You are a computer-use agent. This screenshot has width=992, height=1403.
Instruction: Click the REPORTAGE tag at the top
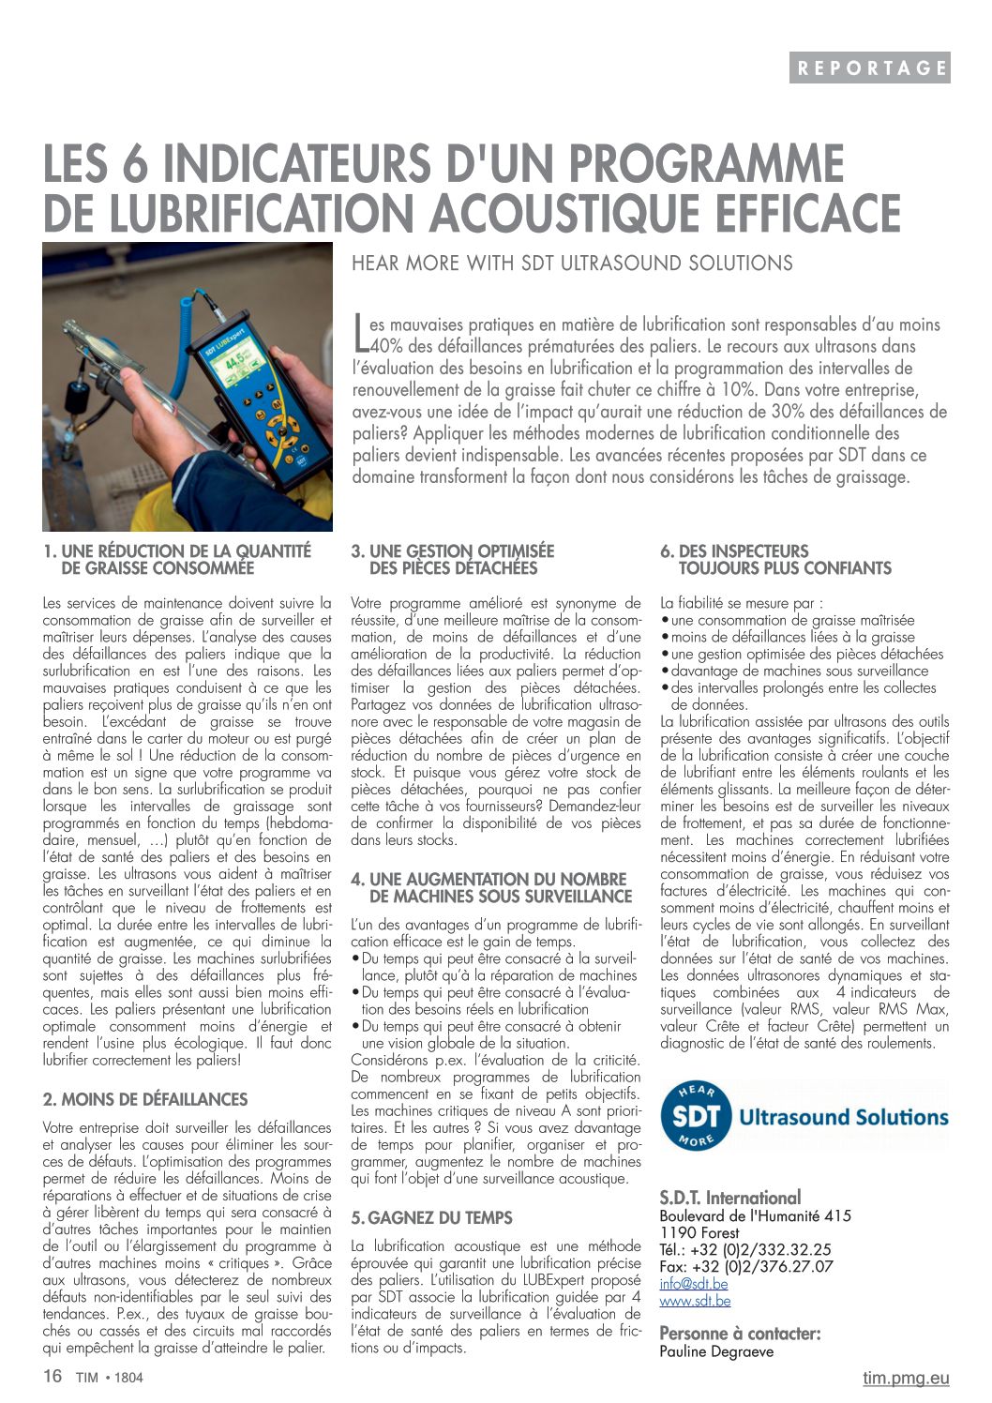click(869, 68)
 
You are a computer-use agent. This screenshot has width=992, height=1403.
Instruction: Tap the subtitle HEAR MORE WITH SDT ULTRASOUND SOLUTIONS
click(572, 264)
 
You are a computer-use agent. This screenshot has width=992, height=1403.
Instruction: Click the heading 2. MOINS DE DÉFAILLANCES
click(145, 1099)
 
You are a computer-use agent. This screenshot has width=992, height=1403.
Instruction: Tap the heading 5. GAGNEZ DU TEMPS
click(432, 1217)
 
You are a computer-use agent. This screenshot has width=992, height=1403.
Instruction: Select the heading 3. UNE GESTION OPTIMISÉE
click(453, 559)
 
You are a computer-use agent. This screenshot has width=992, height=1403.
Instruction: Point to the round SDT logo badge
click(696, 1116)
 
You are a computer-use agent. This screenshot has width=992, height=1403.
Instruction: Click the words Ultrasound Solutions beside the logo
click(844, 1117)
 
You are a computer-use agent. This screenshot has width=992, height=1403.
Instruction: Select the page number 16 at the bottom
click(53, 1377)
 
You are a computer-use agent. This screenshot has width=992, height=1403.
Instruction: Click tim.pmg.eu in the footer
click(906, 1378)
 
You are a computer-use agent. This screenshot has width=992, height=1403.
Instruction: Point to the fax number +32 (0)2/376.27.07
click(746, 1267)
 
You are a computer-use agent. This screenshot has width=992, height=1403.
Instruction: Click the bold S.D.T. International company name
click(730, 1198)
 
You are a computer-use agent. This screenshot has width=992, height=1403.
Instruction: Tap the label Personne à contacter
click(740, 1334)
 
